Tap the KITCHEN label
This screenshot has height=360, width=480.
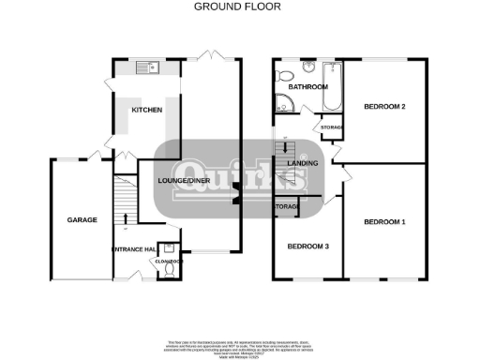[x=146, y=111]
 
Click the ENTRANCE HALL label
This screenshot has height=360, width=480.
[x=132, y=248]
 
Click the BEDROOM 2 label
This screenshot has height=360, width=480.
[x=383, y=106]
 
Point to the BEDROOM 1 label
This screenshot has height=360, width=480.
[x=383, y=221]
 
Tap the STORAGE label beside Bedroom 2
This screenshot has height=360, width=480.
[x=332, y=127]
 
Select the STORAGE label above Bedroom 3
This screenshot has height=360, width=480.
[x=286, y=206]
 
